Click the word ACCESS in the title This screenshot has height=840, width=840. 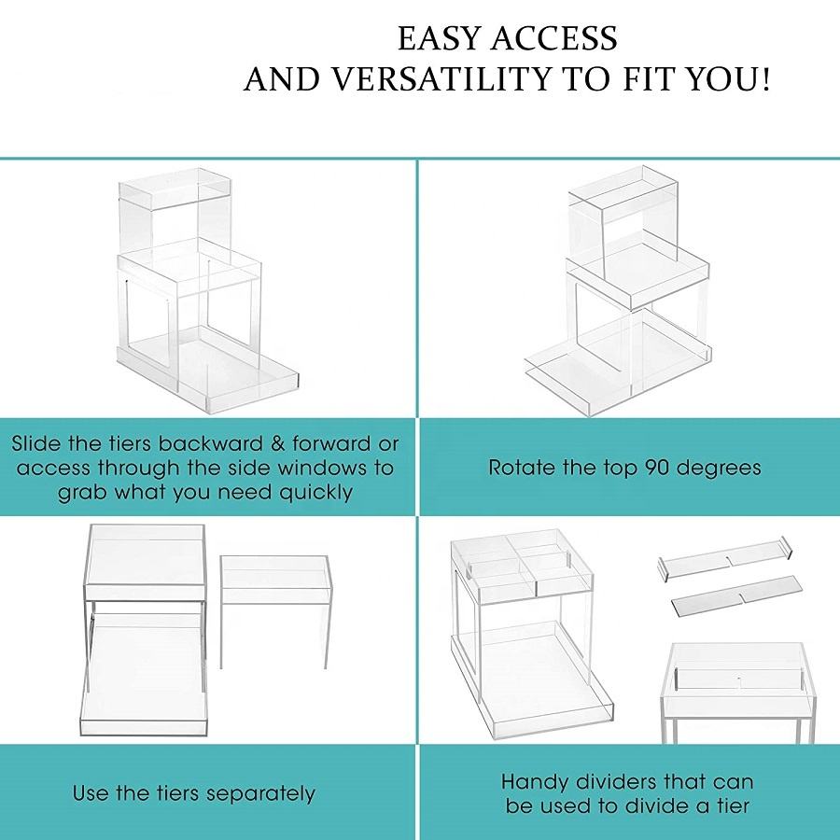click(x=553, y=38)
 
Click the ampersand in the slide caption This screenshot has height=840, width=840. click(x=276, y=443)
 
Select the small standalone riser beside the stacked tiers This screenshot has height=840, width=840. click(x=276, y=611)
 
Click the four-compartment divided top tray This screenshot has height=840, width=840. click(x=522, y=567)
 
